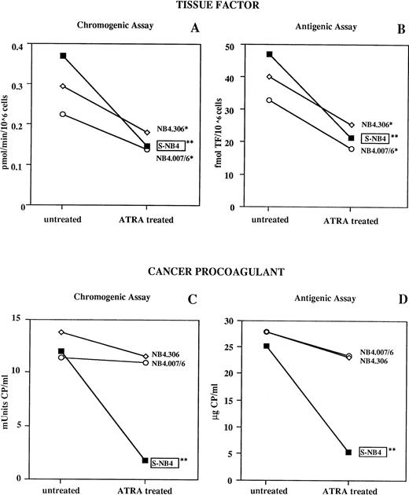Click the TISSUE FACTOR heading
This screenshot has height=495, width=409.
(204, 6)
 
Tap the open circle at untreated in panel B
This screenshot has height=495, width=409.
(269, 101)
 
